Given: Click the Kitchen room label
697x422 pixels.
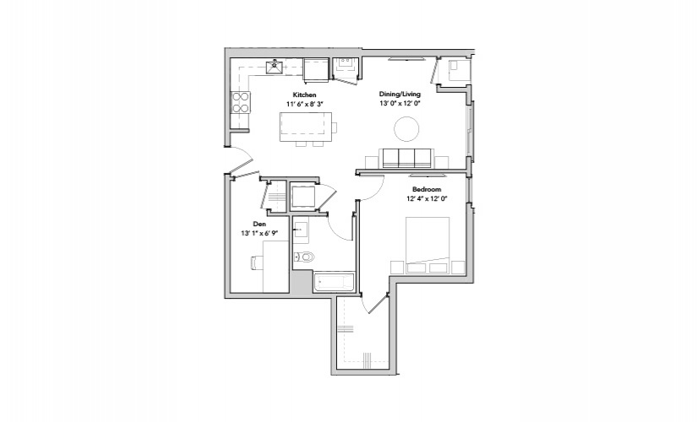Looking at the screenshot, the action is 304,95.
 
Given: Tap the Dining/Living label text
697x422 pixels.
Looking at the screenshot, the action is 400,95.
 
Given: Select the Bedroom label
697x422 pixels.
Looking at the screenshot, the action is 427,189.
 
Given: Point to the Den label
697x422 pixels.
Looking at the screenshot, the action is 259,224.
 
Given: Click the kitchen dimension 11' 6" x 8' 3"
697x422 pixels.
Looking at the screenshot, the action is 304,104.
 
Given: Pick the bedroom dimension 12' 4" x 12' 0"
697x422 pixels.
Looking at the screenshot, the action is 427,198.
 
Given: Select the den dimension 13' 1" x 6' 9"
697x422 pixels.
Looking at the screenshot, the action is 259,233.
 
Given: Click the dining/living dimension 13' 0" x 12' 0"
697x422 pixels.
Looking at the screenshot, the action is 400,104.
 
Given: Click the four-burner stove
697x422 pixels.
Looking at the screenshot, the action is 241,102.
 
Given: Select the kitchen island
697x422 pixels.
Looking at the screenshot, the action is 305,127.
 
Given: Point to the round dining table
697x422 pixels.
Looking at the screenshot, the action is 406,129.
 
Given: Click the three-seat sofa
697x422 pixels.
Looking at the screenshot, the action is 406,158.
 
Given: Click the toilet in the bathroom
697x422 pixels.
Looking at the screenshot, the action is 304,257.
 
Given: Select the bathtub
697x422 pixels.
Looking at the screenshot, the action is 335,282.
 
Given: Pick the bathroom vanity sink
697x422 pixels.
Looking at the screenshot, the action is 301,230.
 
